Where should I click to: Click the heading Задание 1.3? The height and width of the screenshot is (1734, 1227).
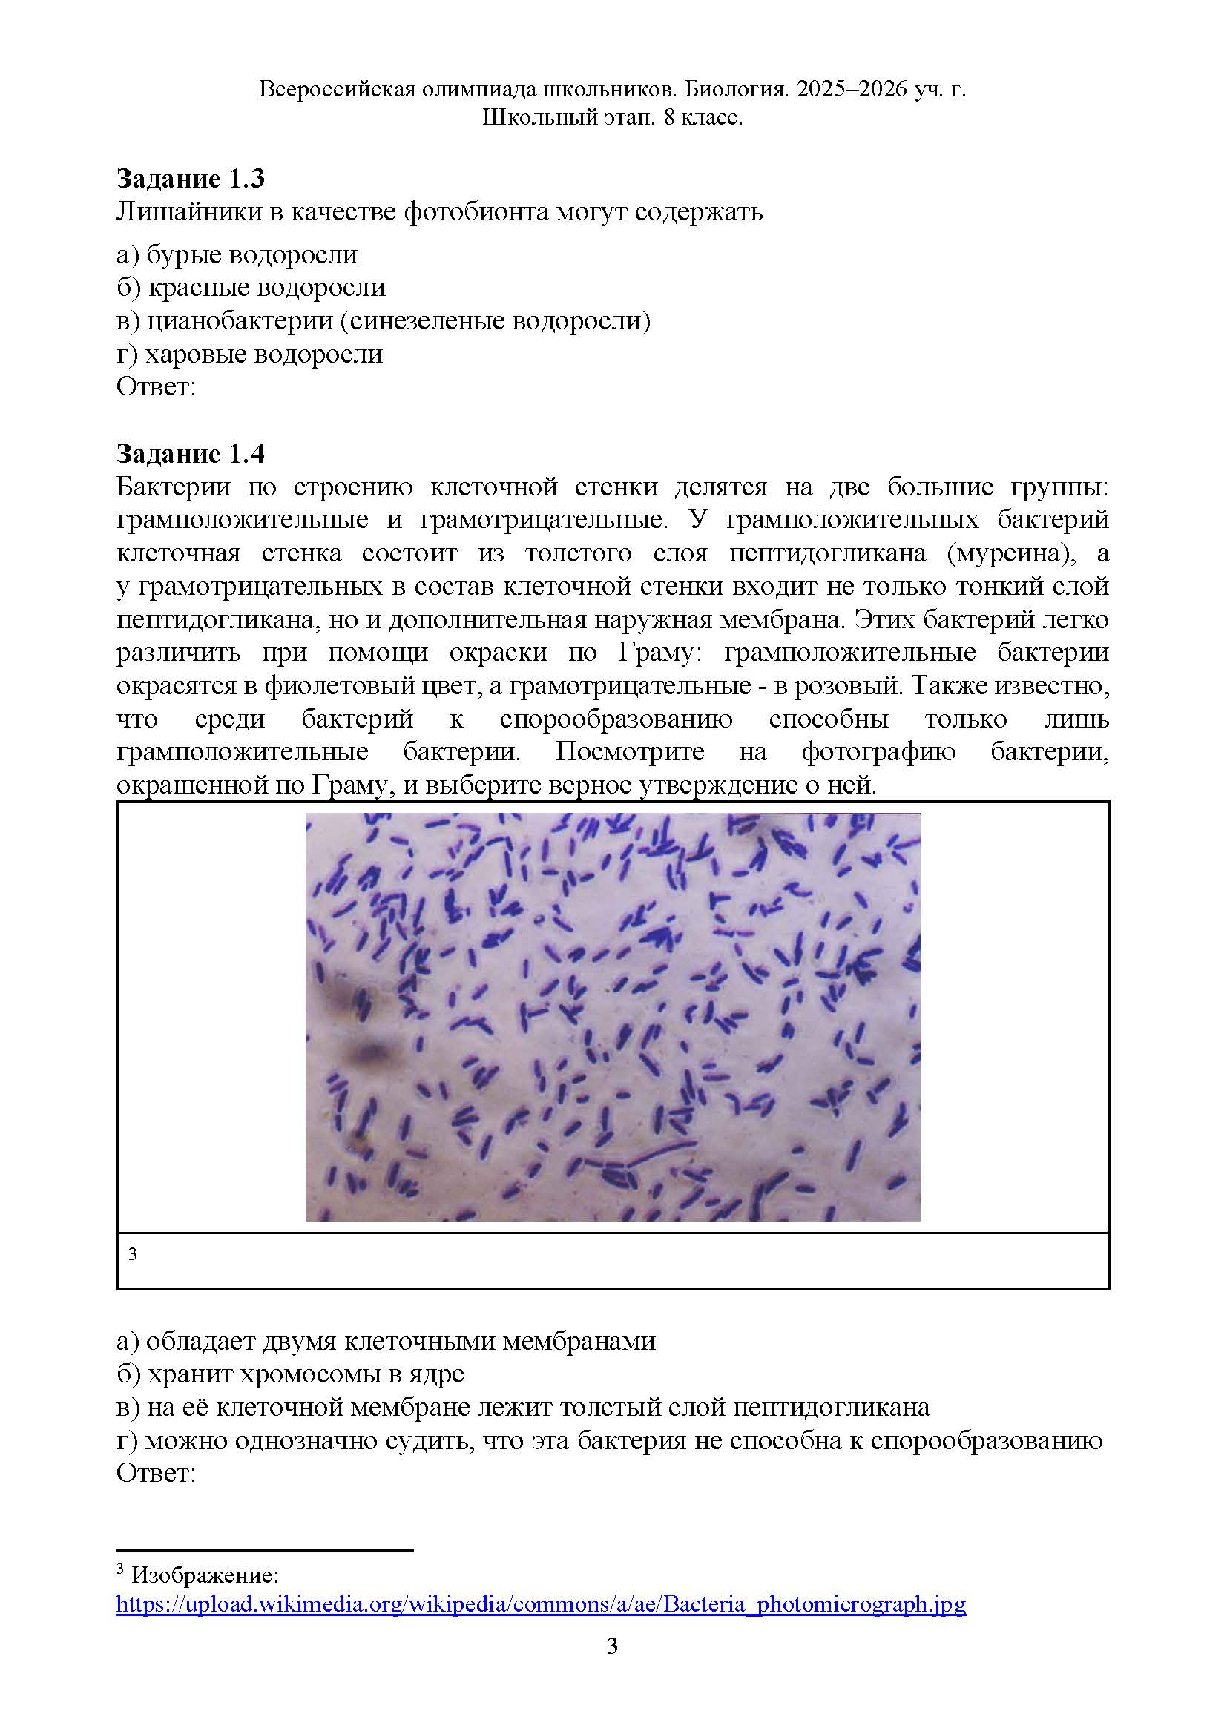pos(191,179)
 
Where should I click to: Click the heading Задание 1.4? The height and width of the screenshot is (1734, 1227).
pos(191,454)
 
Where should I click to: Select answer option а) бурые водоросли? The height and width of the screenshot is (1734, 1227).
pos(237,254)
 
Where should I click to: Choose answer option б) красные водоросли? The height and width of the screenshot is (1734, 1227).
pos(251,288)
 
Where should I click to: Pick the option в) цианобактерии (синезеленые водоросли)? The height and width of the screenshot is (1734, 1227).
pos(383,321)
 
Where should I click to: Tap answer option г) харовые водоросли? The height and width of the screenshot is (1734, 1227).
pos(249,355)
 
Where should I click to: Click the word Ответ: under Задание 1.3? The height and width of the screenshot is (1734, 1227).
pos(156,386)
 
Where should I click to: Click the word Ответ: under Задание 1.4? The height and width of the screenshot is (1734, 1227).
pos(156,1474)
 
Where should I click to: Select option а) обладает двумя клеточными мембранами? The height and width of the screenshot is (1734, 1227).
pos(385,1340)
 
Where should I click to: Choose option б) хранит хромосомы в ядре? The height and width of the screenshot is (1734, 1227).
pos(290,1374)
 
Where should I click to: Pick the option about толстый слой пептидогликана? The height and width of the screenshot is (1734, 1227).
pos(523,1407)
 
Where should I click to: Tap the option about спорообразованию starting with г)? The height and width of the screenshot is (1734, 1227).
pos(609,1440)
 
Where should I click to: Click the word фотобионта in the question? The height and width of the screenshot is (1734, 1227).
pos(476,212)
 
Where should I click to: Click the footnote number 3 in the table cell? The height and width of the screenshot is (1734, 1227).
pos(133,1254)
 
